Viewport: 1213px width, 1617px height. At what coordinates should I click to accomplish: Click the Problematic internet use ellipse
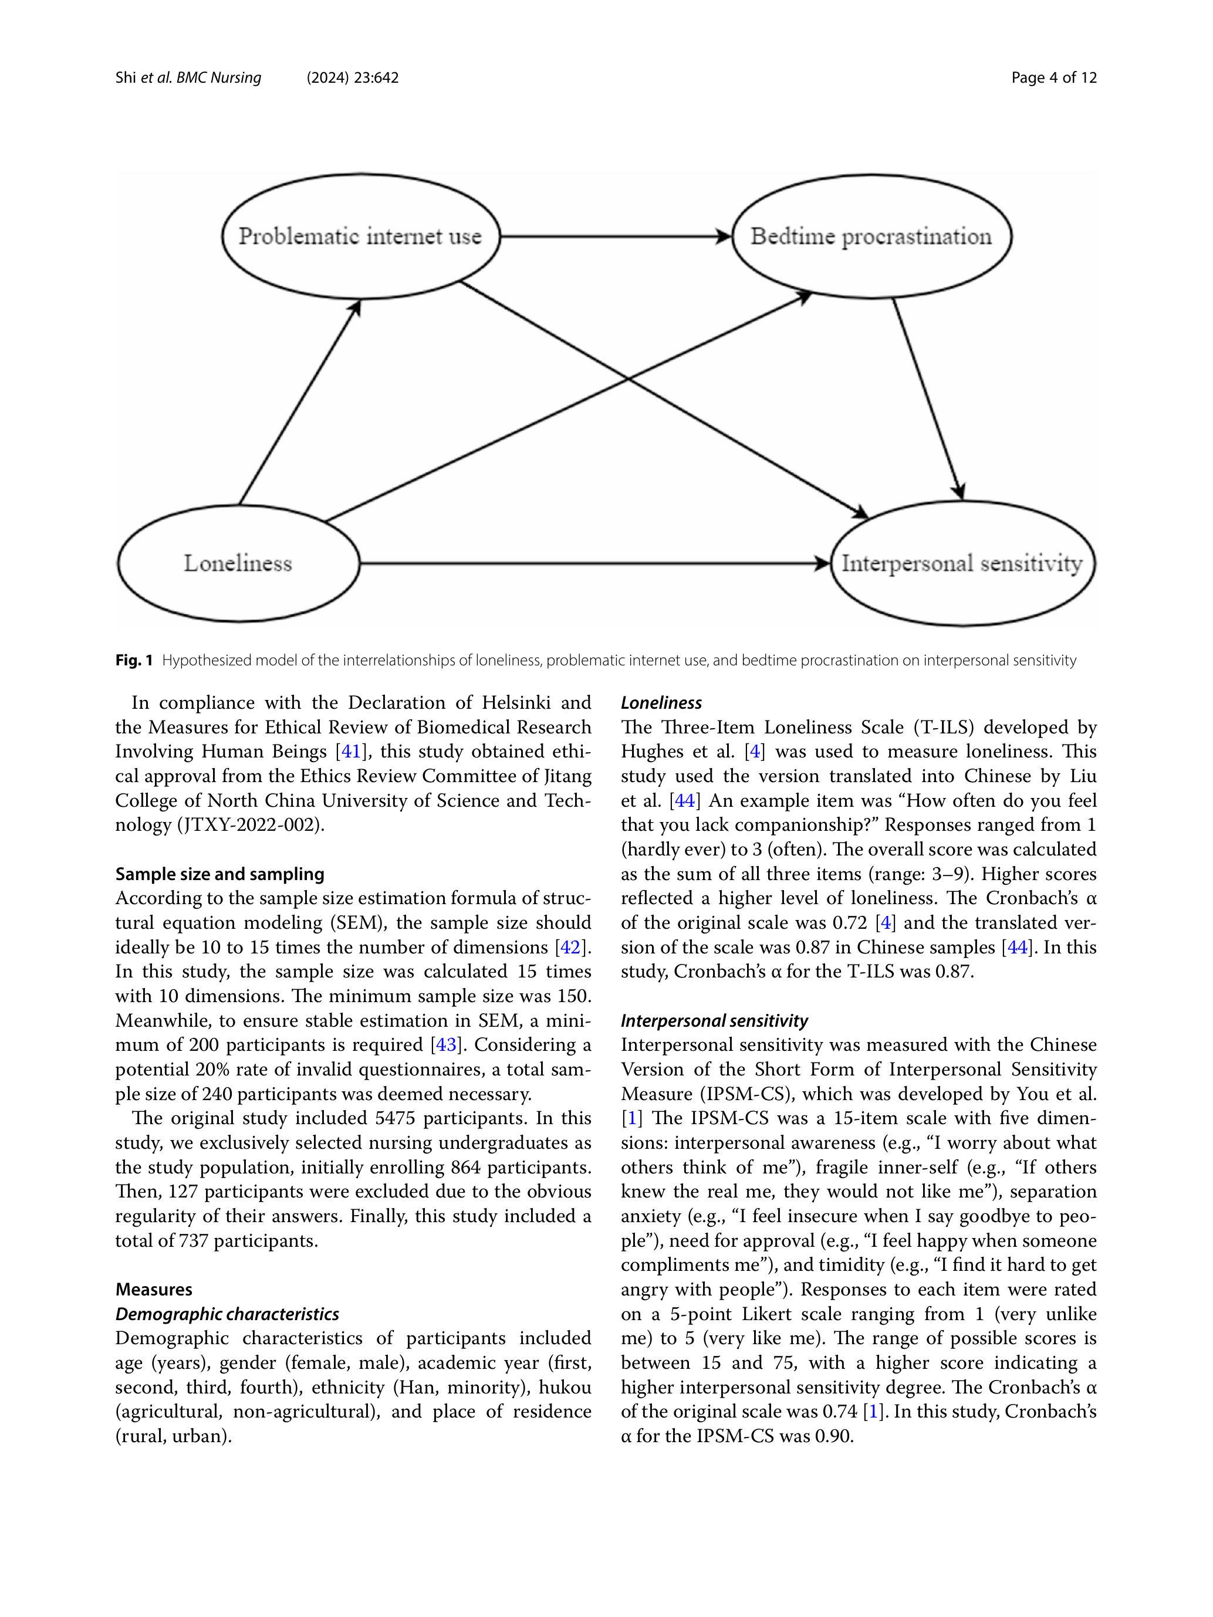[x=360, y=236]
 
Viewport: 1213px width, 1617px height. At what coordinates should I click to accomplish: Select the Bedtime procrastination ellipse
[x=871, y=236]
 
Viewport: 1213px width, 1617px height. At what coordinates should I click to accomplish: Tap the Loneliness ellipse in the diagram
[x=238, y=563]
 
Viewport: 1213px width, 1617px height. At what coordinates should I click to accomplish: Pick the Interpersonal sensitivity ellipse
[x=962, y=563]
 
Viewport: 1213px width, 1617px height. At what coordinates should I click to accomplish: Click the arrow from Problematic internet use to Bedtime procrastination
[x=614, y=236]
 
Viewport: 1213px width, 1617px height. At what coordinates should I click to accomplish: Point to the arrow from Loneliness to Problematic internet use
[x=300, y=402]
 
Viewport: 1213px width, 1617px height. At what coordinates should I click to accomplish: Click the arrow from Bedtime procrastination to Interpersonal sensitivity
[x=927, y=398]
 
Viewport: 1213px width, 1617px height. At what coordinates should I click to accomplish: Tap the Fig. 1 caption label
[x=134, y=660]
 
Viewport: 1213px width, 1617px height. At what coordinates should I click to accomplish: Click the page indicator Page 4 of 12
[x=1053, y=77]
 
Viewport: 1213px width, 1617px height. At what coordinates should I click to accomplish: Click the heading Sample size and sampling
[x=219, y=874]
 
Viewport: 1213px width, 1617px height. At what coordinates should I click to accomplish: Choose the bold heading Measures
[x=154, y=1289]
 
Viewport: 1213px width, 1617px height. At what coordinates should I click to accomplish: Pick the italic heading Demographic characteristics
[x=227, y=1314]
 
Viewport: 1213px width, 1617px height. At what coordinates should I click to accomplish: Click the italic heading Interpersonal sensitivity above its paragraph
[x=714, y=1020]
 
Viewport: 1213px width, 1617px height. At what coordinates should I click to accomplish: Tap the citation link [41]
[x=351, y=752]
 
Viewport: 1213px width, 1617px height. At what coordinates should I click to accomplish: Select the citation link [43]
[x=446, y=1044]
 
